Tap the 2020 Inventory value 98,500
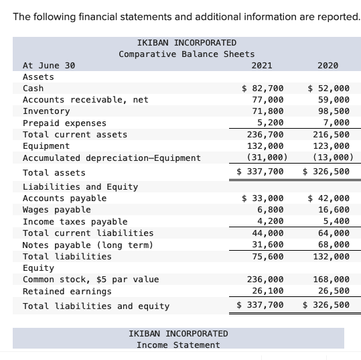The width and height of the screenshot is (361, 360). point(332,111)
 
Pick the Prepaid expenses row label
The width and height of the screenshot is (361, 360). point(64,123)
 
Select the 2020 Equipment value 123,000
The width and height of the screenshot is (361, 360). point(330,145)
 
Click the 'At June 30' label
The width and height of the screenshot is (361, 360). point(49,65)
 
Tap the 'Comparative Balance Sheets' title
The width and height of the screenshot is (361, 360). point(186,54)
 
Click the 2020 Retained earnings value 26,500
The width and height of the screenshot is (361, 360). point(332,291)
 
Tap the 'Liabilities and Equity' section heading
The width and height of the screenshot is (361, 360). point(80,186)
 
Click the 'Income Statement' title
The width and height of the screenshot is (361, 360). point(177,345)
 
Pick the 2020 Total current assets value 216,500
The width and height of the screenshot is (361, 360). point(330,134)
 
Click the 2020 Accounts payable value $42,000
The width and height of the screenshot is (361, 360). point(328,198)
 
